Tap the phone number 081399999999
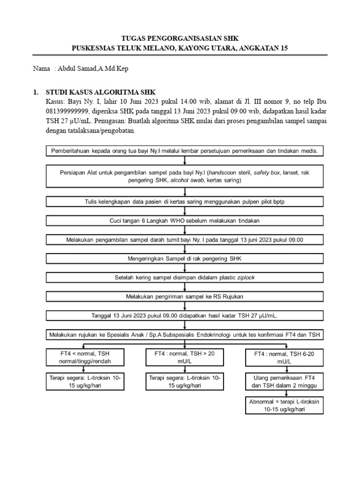pos(66,111)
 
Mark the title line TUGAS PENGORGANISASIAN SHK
pos(180,38)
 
